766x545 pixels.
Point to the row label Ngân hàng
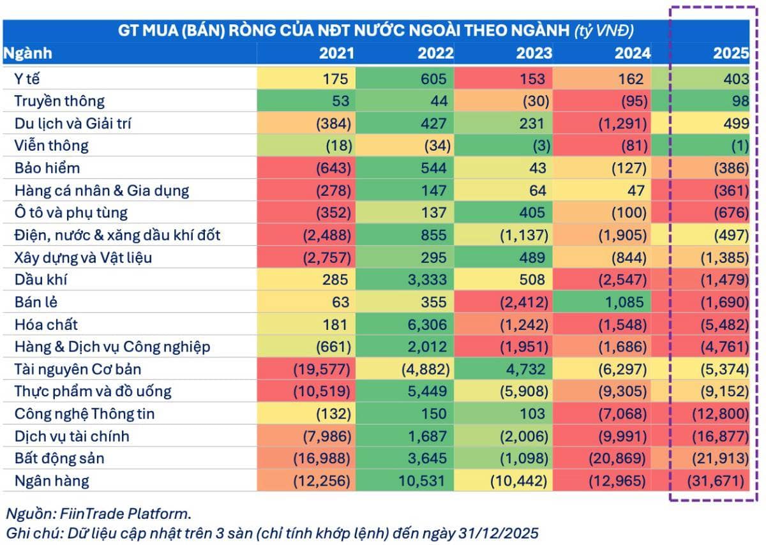[x=52, y=480]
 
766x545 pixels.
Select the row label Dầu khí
[x=41, y=280]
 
